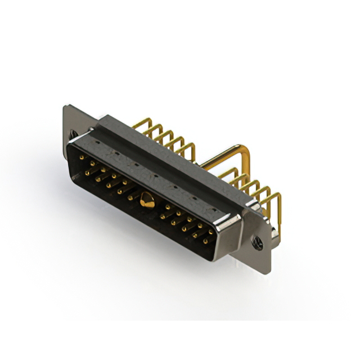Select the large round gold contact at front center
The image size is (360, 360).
point(147,198)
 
